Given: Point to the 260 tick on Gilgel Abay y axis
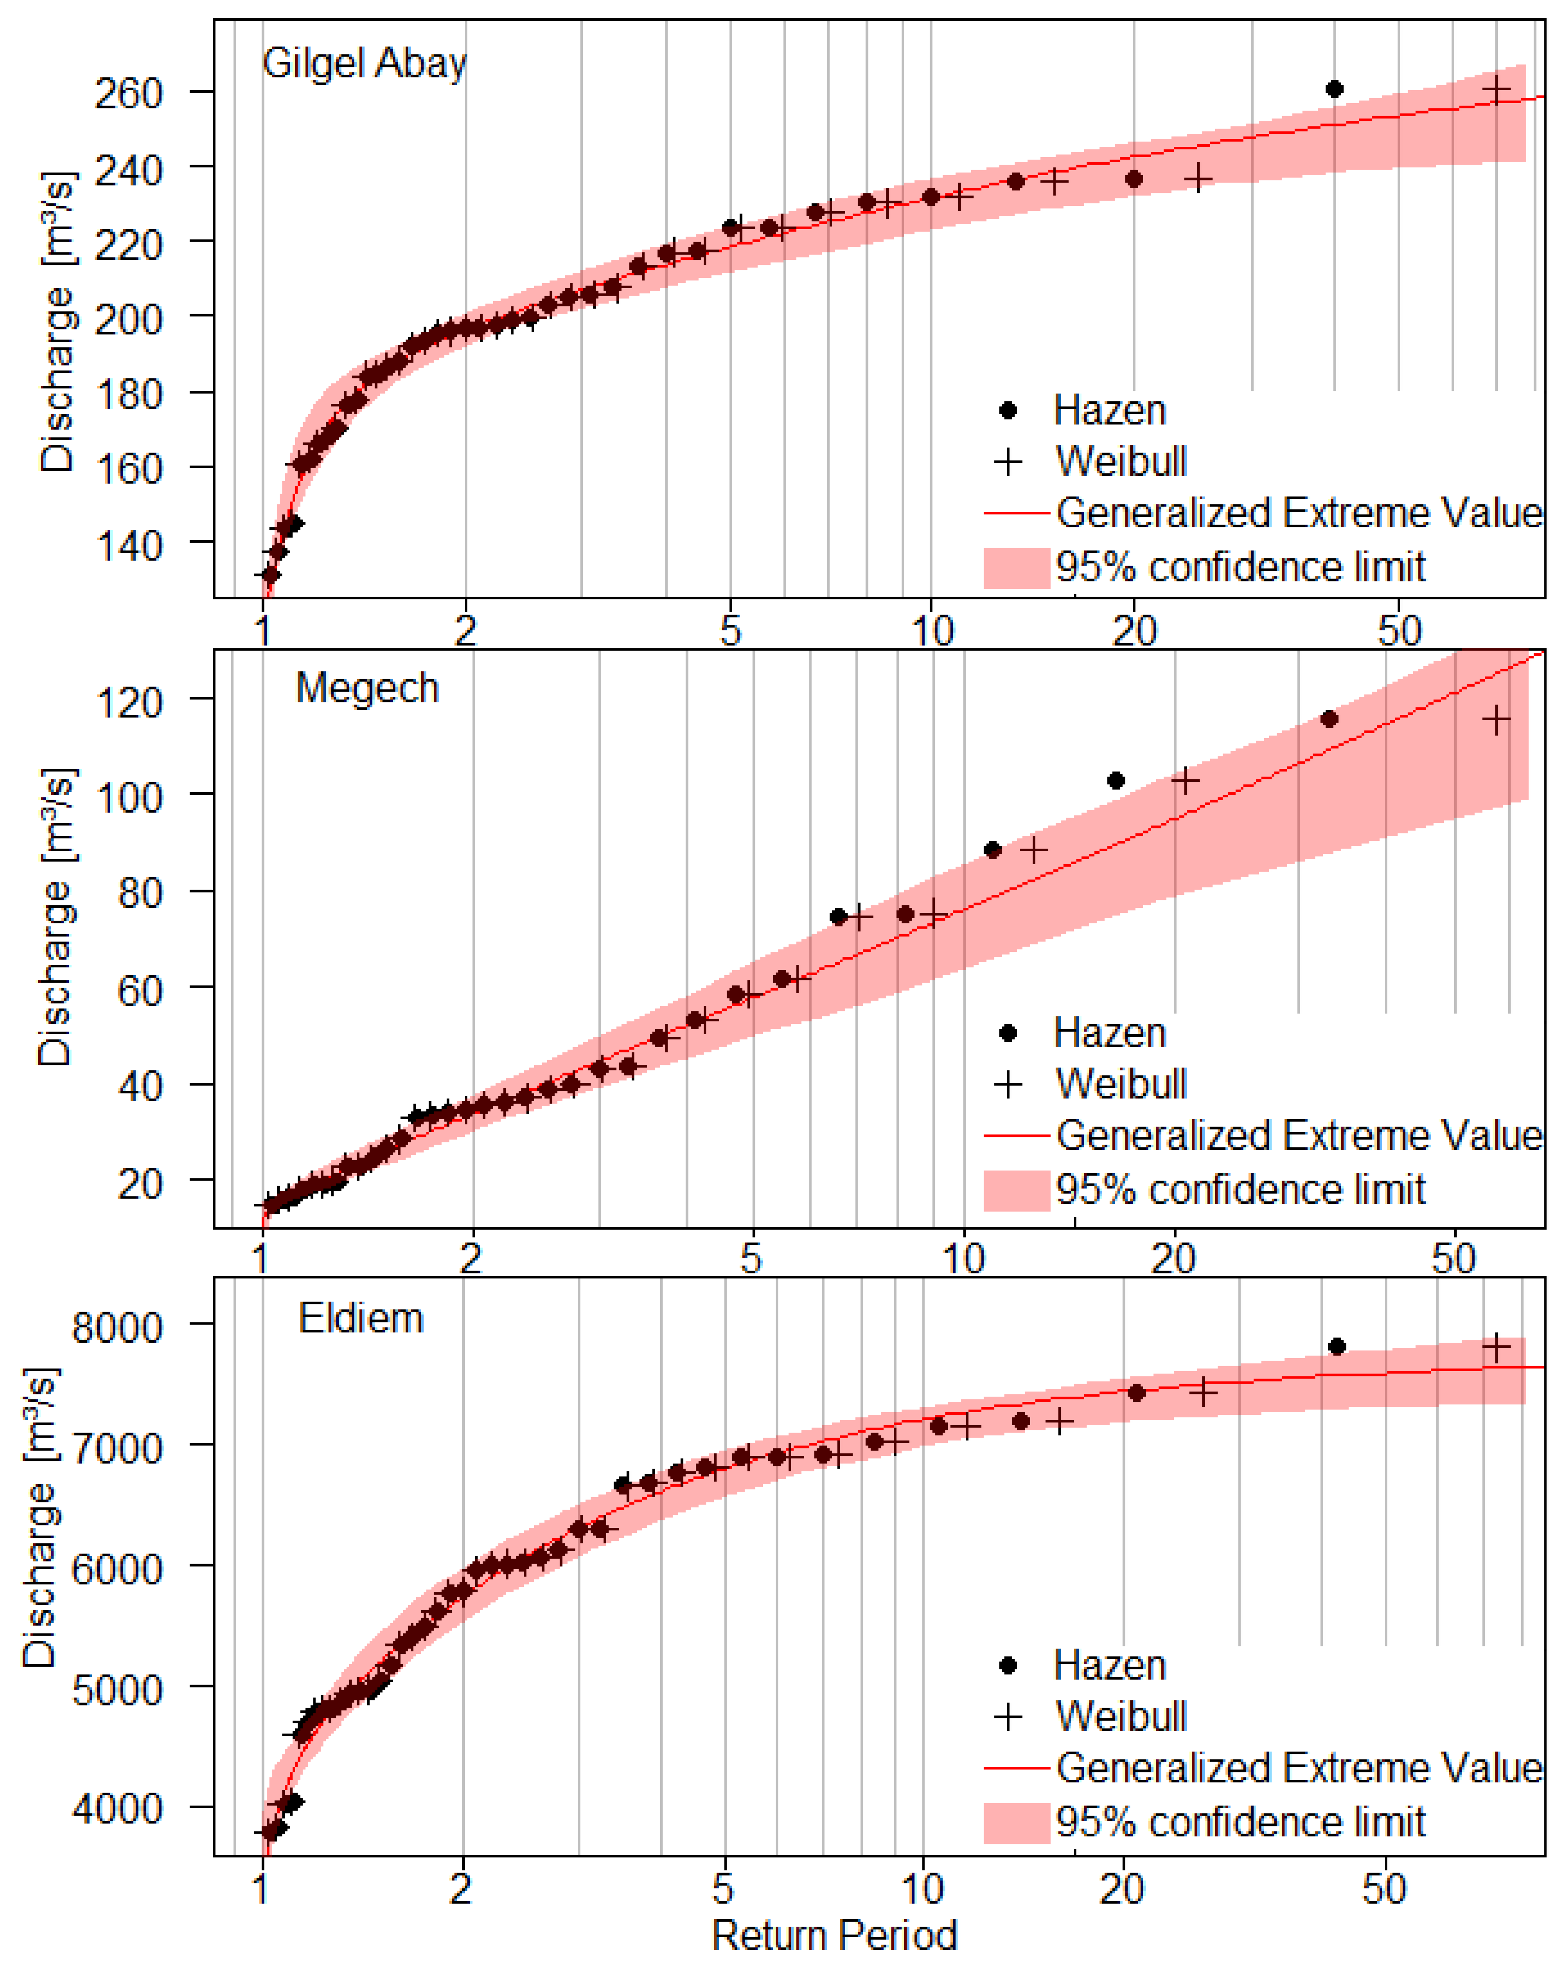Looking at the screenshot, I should point(128,93).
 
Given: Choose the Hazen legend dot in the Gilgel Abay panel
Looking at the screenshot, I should point(1008,410).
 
